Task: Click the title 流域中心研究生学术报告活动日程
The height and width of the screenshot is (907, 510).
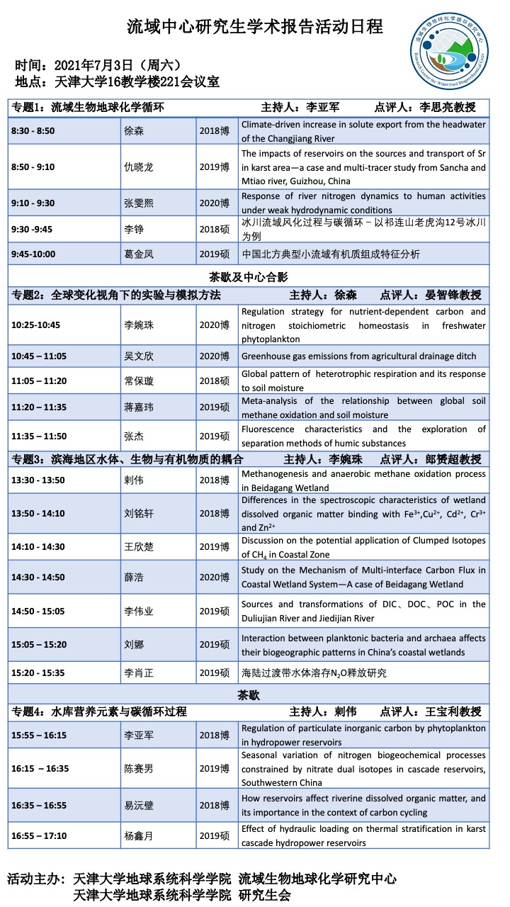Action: coord(254,27)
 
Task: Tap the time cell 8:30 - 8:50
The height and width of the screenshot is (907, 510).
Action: coord(33,131)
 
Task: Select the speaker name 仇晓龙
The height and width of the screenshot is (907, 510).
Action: coord(139,167)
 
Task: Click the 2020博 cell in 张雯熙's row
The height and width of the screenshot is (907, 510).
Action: coord(214,203)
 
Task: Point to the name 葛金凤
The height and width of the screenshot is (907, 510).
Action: coord(139,254)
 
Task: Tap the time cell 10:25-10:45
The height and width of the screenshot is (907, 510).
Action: coord(35,325)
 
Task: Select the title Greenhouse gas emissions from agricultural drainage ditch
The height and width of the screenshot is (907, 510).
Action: coord(358,356)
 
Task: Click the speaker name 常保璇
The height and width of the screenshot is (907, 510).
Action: coord(139,381)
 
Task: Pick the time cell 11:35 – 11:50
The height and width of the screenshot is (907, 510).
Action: coord(39,436)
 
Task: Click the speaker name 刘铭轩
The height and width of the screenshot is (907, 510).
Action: coord(139,514)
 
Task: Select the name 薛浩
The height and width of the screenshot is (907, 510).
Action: coord(134,578)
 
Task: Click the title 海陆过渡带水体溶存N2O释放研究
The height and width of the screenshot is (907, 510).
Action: coord(314,673)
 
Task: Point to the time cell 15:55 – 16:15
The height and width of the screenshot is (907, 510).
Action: coord(39,736)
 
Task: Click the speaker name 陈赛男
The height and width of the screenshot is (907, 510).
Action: coord(139,769)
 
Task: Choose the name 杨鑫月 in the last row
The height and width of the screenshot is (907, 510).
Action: coord(139,836)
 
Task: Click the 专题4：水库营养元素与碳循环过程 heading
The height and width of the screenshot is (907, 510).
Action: coord(99,711)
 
